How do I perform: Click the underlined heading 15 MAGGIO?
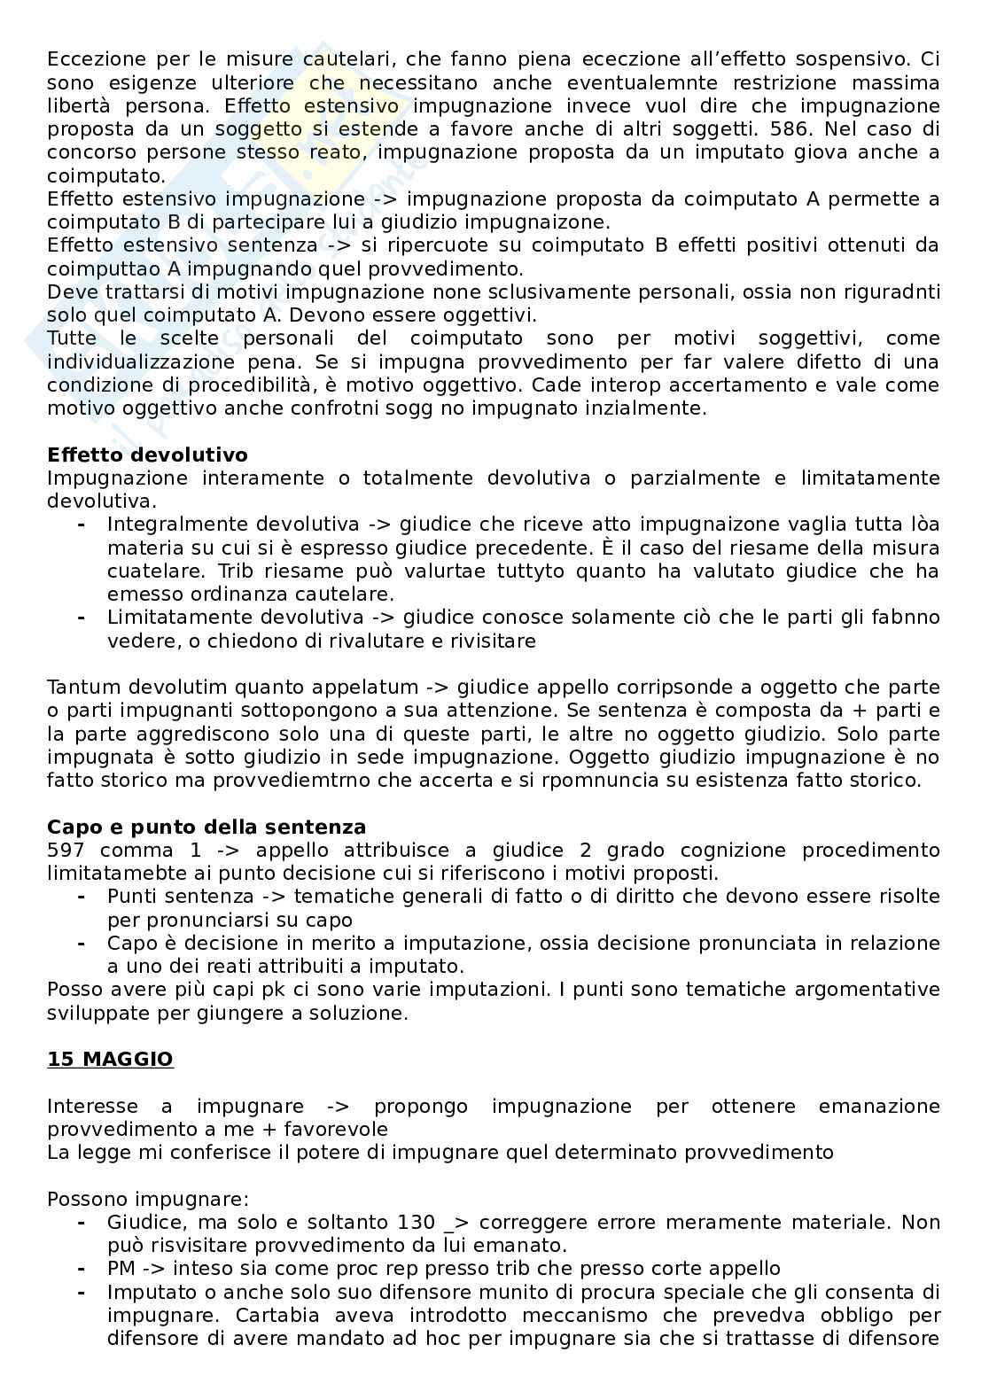(110, 1060)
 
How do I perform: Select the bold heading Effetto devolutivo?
(147, 455)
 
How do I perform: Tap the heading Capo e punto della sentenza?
(206, 828)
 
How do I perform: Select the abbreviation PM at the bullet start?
(121, 1269)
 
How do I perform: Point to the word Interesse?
(92, 1107)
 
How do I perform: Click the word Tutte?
(72, 338)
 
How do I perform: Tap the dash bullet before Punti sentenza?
(81, 897)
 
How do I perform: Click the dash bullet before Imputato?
(81, 1293)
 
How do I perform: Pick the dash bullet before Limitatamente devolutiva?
(81, 618)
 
